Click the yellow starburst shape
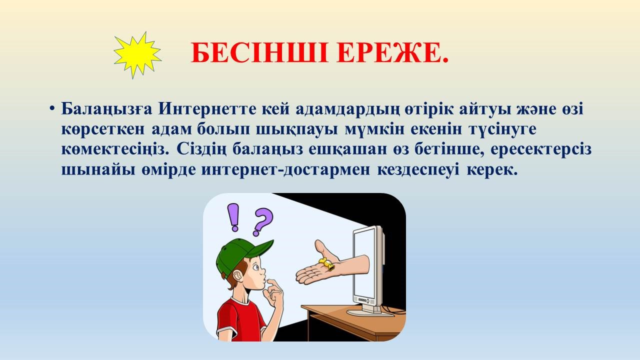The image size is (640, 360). point(137,55)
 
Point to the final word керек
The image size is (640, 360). point(492,170)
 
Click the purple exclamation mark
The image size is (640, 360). point(233,217)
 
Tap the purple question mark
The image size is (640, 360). point(262,221)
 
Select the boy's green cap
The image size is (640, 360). point(240,255)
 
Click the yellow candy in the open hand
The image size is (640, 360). point(326,264)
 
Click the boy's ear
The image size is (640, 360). point(237,276)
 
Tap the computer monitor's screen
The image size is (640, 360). point(364,263)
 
